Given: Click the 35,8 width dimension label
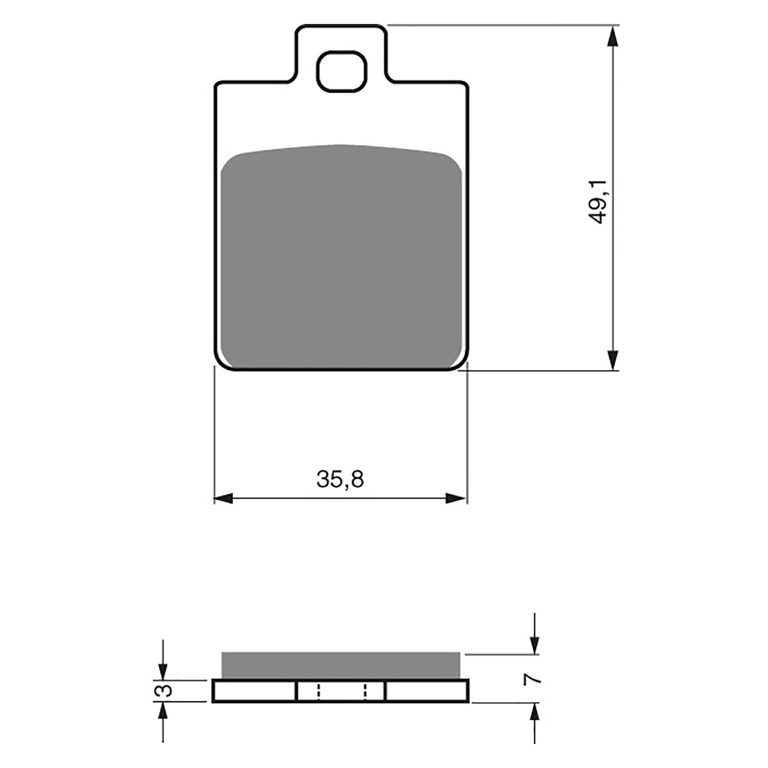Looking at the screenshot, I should (340, 479).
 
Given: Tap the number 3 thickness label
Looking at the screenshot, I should (165, 691).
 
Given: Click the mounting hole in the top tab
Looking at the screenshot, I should (342, 72).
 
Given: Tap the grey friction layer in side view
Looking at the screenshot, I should (340, 665).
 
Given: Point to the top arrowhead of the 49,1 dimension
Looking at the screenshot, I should (612, 36).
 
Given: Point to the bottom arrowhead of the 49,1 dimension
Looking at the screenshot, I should (612, 360).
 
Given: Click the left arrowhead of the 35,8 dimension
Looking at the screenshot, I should (224, 498).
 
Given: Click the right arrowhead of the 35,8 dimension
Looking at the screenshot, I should (456, 498).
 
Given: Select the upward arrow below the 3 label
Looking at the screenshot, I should (163, 712).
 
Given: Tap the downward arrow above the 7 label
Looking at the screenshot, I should (535, 643).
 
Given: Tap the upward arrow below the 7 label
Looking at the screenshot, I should (535, 713).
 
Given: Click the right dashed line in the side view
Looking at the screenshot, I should (365, 691).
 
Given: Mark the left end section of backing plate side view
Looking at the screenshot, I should (254, 691).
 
